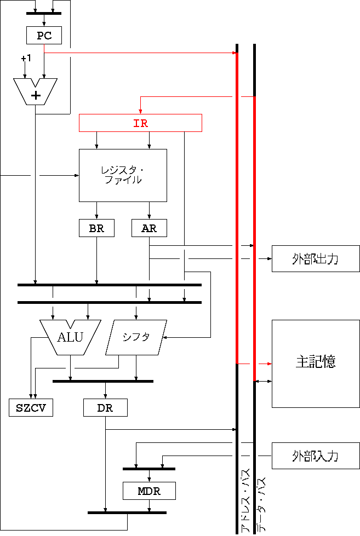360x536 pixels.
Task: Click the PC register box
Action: click(x=44, y=36)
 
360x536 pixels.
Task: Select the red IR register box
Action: click(x=141, y=123)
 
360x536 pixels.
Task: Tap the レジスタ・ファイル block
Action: click(x=123, y=175)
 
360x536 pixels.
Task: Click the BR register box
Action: click(x=96, y=228)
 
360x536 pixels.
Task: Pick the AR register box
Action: click(x=149, y=228)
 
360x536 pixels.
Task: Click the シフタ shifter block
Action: click(x=136, y=337)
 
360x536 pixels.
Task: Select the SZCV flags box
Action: click(x=31, y=408)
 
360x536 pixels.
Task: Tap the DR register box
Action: click(x=105, y=408)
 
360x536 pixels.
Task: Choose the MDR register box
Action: click(x=149, y=491)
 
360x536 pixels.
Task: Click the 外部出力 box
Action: click(x=316, y=259)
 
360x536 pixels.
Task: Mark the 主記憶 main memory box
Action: click(x=316, y=364)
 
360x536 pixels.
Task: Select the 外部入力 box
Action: click(x=316, y=456)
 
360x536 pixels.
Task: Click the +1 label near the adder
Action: click(x=26, y=58)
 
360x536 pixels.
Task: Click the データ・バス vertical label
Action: click(x=261, y=504)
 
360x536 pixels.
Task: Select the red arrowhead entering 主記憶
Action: click(x=269, y=364)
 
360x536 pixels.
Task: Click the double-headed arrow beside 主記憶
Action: click(x=264, y=381)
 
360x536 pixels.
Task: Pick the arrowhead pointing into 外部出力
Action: click(x=269, y=258)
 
